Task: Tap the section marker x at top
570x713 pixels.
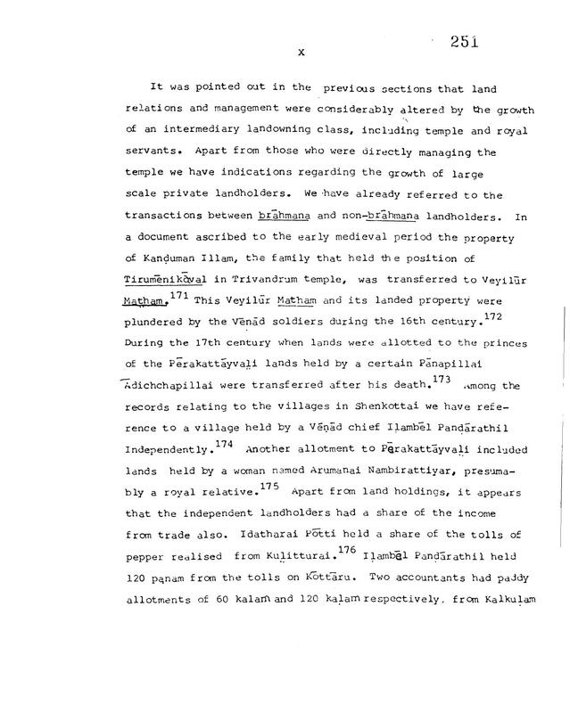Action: pos(302,53)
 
